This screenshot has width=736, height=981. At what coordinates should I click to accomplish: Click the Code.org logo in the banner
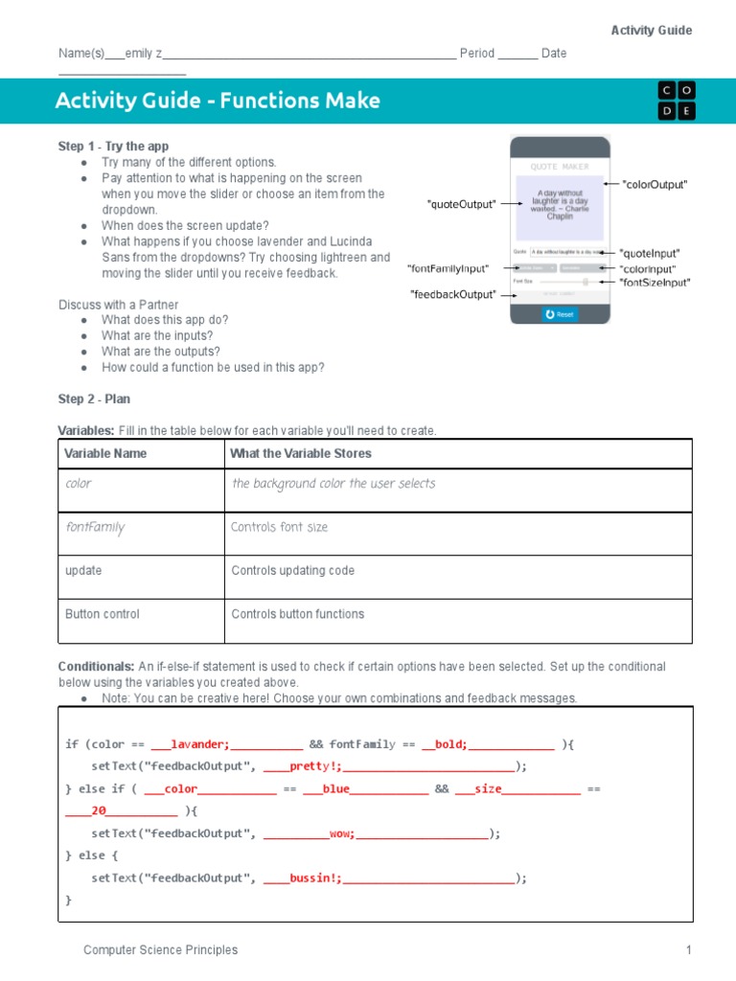677,101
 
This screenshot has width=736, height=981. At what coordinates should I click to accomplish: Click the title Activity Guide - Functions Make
218,101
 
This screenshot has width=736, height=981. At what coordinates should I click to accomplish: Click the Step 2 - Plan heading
94,399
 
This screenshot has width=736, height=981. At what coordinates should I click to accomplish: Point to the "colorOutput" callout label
655,184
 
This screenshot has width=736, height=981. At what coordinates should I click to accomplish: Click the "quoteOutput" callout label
461,204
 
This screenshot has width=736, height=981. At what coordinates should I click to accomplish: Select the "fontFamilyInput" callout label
448,269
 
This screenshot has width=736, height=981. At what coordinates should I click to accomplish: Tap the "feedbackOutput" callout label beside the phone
453,294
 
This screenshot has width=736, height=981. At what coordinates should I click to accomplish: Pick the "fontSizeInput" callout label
655,283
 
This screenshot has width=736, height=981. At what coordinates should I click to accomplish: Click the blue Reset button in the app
559,313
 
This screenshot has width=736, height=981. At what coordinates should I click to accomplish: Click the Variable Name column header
105,453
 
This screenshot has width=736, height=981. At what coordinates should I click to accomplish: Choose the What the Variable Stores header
301,453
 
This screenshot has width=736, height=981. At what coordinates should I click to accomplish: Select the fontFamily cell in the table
95,528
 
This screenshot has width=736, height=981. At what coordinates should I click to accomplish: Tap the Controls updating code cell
292,571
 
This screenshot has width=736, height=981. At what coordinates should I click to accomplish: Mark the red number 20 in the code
99,811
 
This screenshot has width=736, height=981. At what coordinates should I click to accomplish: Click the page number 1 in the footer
688,950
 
